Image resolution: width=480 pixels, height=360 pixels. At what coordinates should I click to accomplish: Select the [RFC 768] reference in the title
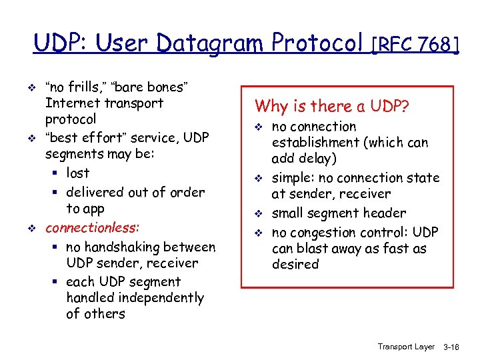[x=415, y=45]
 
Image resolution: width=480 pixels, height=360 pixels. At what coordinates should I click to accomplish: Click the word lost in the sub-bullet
[x=78, y=173]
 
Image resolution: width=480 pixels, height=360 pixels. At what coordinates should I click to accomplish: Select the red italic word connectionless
[x=92, y=227]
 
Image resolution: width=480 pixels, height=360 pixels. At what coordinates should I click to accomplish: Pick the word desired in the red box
[x=295, y=264]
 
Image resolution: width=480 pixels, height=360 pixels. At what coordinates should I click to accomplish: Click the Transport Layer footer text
[x=405, y=347]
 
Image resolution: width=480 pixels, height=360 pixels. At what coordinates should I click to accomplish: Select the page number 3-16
[x=451, y=347]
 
